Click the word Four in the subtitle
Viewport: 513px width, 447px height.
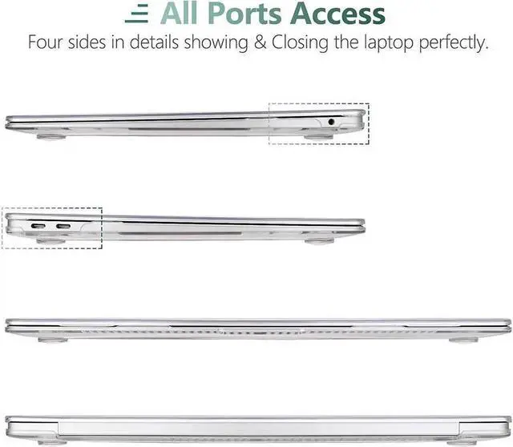point(46,42)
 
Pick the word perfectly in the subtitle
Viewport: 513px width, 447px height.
point(449,42)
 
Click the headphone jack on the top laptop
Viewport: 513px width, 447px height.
point(333,121)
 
